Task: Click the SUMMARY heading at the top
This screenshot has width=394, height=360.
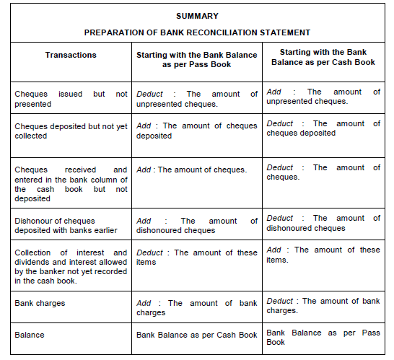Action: click(x=197, y=15)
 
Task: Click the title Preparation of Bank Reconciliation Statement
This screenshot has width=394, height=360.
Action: click(x=197, y=32)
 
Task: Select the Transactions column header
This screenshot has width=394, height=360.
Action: click(x=71, y=55)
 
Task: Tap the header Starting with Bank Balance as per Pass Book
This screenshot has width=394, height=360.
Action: click(x=197, y=59)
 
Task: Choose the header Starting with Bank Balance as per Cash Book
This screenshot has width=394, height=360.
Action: click(x=323, y=57)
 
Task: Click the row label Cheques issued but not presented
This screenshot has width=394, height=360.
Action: click(x=71, y=99)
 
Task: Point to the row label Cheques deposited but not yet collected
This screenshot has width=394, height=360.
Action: click(x=71, y=131)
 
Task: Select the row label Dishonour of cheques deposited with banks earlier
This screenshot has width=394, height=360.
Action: click(x=71, y=225)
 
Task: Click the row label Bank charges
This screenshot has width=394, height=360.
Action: click(x=40, y=303)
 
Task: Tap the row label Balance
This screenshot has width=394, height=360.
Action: click(x=30, y=335)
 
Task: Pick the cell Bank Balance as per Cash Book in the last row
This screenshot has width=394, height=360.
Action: click(x=197, y=335)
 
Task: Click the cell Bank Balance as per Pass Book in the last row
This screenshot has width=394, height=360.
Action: click(x=323, y=337)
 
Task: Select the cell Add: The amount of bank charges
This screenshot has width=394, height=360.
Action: click(x=197, y=308)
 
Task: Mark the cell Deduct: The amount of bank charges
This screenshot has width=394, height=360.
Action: click(x=323, y=305)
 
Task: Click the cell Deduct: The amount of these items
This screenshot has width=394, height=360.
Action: click(x=197, y=257)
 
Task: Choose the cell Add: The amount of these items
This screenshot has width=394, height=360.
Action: click(x=323, y=254)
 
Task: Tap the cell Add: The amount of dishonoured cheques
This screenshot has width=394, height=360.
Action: click(x=197, y=225)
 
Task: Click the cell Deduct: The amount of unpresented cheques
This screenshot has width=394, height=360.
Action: click(x=197, y=99)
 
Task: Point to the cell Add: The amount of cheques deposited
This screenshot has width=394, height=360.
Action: click(x=197, y=131)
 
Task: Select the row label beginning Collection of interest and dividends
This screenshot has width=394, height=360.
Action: click(x=71, y=267)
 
